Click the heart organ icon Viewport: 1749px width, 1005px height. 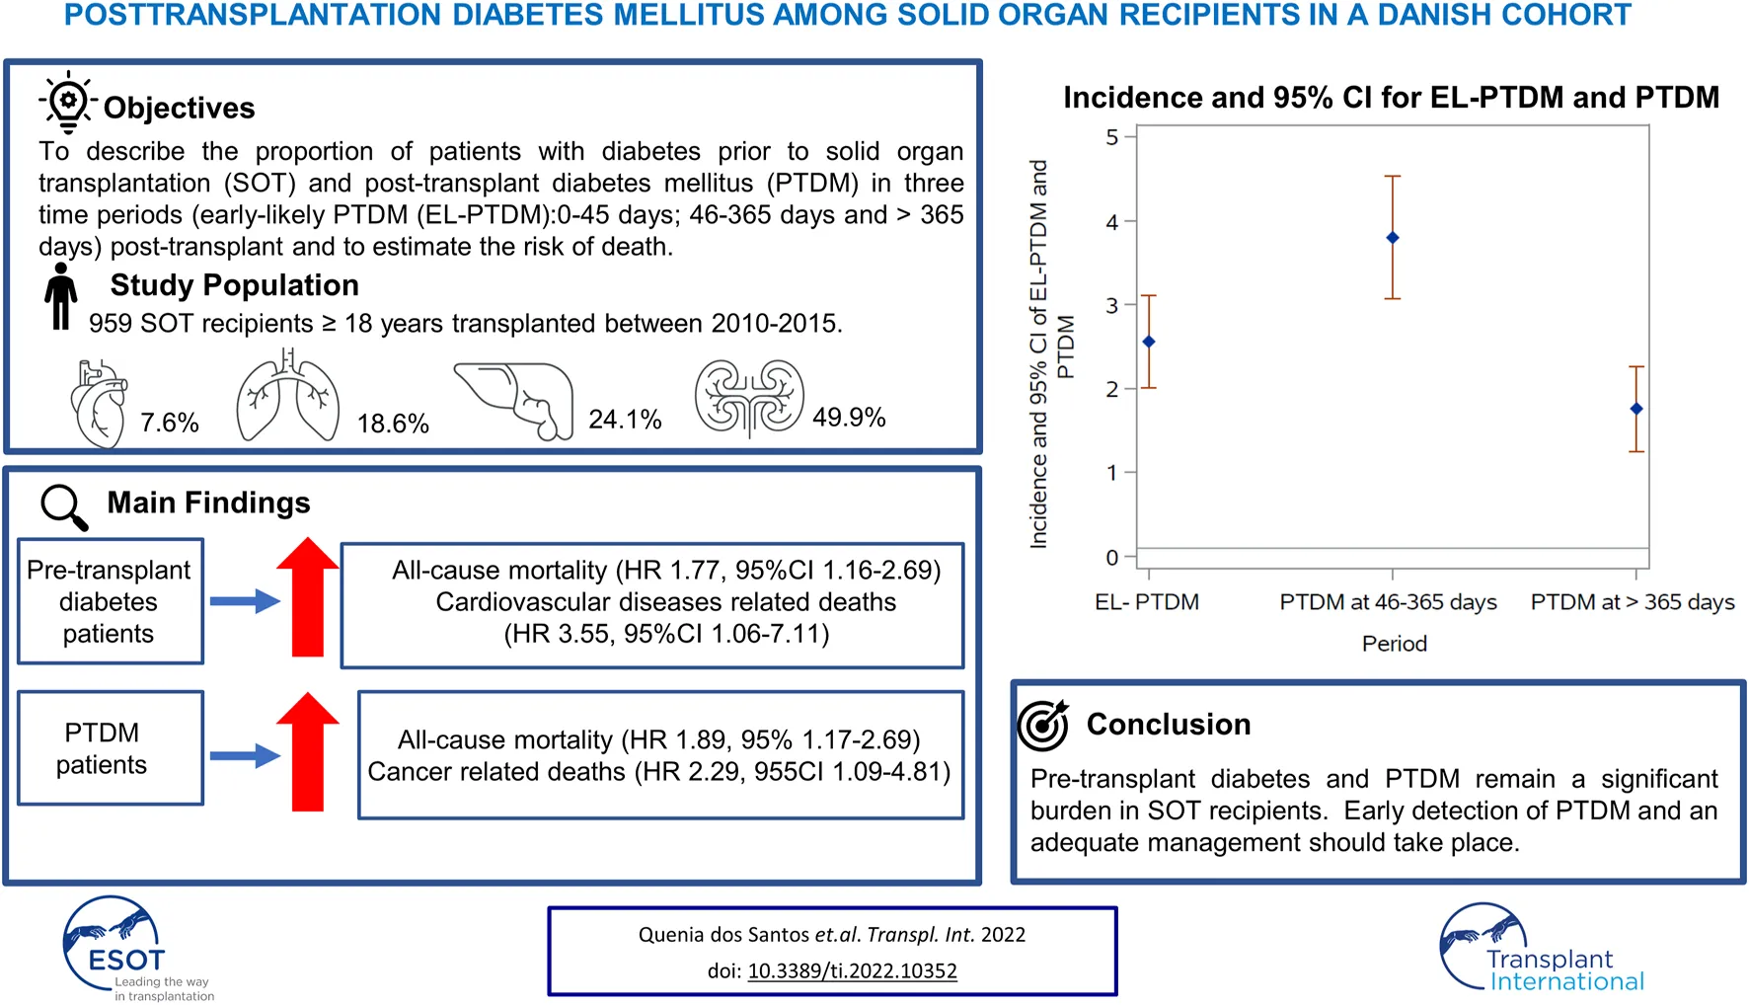tap(100, 404)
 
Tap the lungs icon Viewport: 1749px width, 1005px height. tap(287, 398)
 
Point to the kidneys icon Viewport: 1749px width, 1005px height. tap(749, 397)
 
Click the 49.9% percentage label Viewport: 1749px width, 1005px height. tap(849, 418)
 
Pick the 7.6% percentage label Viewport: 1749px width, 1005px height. tap(170, 423)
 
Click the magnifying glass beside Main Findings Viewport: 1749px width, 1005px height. tap(64, 506)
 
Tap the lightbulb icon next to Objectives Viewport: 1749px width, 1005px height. tap(68, 102)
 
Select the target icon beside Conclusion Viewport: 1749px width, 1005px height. tap(1043, 726)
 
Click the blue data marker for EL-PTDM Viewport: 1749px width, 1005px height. tap(1148, 342)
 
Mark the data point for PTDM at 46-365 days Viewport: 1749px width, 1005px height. tap(1393, 238)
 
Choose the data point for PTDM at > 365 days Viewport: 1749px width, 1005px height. tap(1636, 409)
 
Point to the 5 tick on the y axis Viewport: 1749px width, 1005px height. tap(1112, 137)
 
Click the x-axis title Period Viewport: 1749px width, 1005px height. tap(1394, 644)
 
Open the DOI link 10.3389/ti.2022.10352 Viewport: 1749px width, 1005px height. tap(852, 970)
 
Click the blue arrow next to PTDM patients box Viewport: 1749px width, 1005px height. tap(245, 756)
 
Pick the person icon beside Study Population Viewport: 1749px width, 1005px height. tap(61, 296)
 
